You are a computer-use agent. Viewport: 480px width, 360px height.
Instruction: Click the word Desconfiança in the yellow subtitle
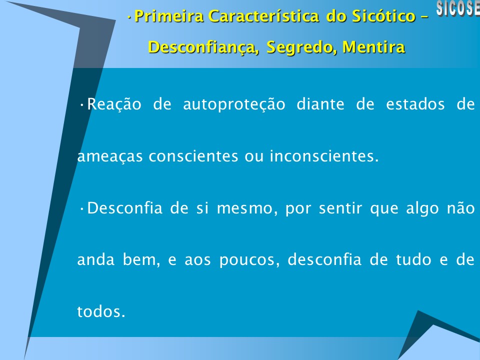[x=204, y=47]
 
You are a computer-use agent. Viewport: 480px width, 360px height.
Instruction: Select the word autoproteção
[x=234, y=105]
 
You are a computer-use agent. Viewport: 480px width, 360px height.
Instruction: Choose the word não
[x=459, y=209]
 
